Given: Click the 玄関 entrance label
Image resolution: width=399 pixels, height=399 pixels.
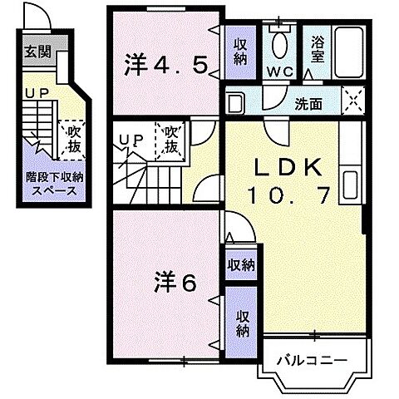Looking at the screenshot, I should [37, 52].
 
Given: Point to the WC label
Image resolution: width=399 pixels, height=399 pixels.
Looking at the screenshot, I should [278, 71].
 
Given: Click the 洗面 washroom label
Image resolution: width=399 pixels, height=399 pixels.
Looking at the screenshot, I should [312, 105].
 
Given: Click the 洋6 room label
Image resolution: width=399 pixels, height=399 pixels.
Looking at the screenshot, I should [173, 283].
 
